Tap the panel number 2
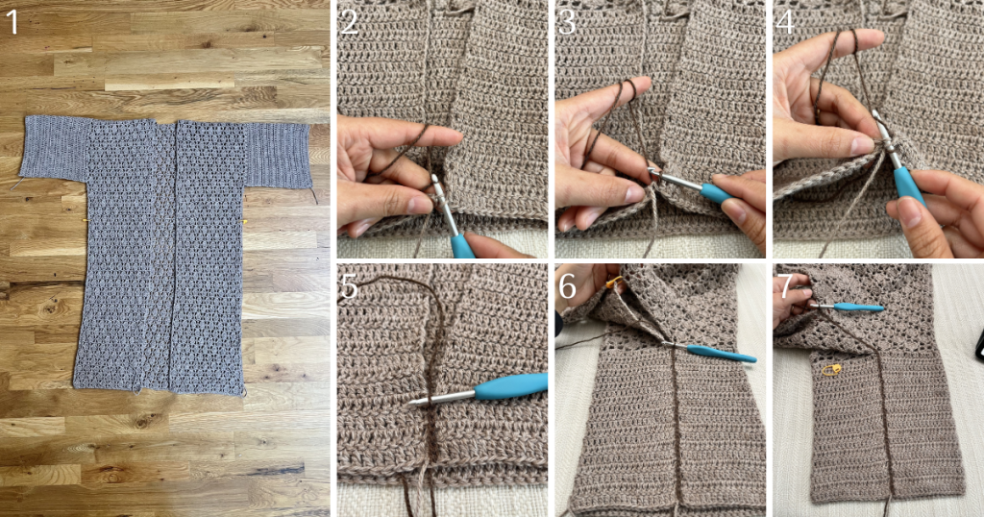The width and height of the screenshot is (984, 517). [x=349, y=22]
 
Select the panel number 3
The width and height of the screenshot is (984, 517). [x=567, y=22]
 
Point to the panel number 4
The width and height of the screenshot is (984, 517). [x=784, y=22]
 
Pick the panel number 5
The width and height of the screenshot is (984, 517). [x=349, y=286]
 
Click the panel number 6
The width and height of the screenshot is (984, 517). [x=567, y=286]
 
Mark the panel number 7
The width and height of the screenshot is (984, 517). [x=784, y=286]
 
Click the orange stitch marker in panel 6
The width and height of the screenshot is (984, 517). [x=613, y=283]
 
